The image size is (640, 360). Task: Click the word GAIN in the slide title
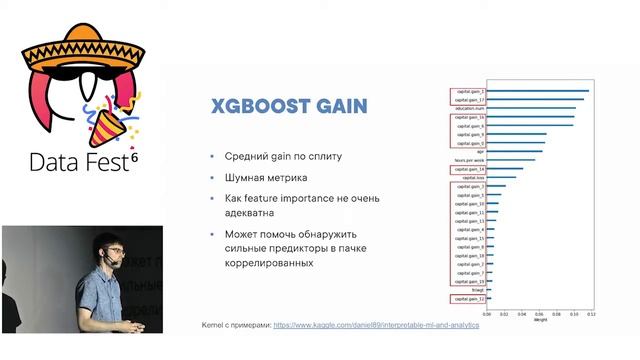[337, 106]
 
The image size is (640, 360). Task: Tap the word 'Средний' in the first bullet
[240, 157]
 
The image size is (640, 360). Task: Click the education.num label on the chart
[469, 108]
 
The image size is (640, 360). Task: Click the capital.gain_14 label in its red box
[470, 169]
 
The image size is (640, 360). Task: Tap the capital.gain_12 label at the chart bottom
[470, 298]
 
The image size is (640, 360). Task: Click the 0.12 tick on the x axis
[591, 313]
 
